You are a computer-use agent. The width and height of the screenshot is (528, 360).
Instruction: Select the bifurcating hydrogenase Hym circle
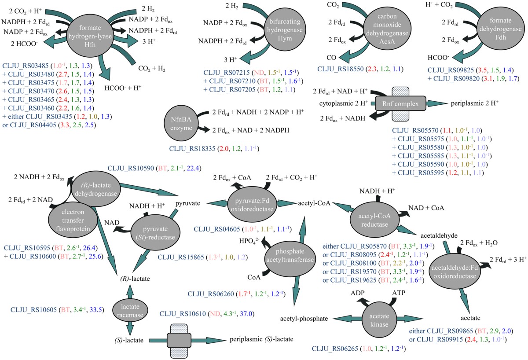coord(284,29)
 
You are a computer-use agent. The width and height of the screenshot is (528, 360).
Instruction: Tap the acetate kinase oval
coord(375,318)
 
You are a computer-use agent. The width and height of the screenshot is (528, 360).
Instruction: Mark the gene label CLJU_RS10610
coord(184,314)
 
